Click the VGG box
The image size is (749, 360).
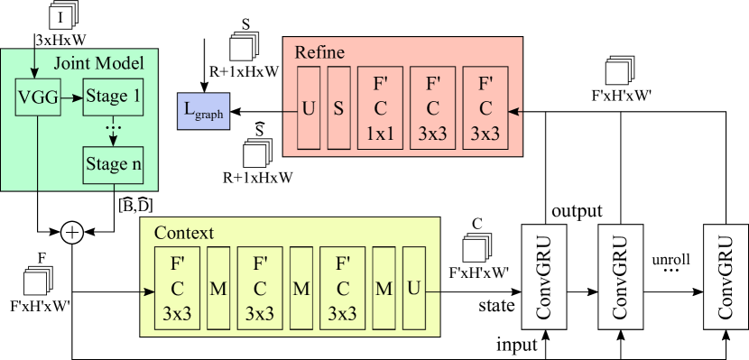38,97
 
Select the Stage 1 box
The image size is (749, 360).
113,97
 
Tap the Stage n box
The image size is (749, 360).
113,164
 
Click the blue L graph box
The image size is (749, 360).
204,110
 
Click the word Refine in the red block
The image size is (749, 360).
319,52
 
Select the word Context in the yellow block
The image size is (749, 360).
183,233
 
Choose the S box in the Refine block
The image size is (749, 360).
338,108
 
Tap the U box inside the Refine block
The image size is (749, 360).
309,108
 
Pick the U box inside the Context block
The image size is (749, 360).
413,289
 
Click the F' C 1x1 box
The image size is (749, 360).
380,108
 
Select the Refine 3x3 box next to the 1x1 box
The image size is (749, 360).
432,108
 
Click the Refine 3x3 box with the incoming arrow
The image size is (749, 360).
485,108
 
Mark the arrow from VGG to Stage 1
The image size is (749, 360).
71,97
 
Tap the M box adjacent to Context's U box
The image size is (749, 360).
384,289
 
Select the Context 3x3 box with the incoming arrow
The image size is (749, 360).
177,289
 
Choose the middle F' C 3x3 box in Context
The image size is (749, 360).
260,289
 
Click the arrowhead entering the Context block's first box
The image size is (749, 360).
149,291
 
